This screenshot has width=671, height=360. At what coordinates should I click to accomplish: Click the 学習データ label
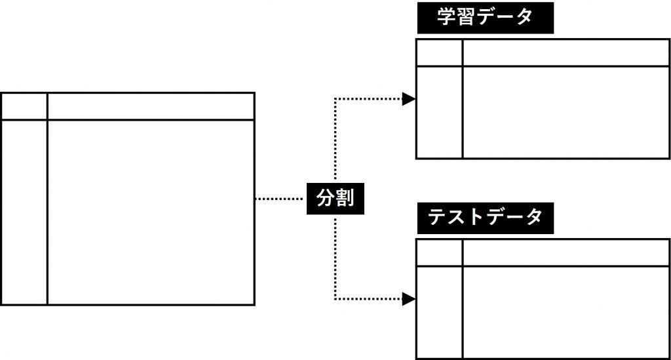point(485,18)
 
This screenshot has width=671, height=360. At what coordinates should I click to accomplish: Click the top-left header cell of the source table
point(24,106)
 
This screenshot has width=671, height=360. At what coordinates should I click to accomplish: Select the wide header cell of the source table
point(150,106)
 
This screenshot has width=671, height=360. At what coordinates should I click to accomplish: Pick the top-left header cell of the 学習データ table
point(439,53)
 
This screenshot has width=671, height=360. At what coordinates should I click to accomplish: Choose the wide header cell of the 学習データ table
point(566,53)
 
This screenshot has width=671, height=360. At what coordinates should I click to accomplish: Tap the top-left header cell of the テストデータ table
point(439,253)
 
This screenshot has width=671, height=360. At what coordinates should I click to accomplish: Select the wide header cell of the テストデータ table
point(566,253)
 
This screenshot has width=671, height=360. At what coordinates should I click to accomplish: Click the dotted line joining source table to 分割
point(280,198)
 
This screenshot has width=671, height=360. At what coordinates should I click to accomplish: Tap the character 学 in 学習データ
point(447,18)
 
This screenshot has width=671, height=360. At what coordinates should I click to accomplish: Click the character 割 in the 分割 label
point(345,198)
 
